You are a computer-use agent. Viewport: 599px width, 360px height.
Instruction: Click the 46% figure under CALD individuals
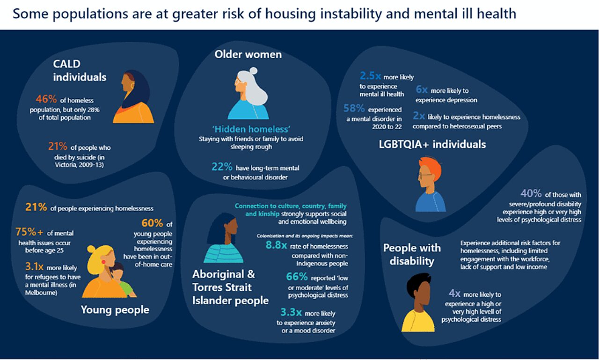click(46, 99)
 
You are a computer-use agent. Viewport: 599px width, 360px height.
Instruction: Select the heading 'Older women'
click(248, 55)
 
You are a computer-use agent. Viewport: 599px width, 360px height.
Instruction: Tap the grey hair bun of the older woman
click(253, 71)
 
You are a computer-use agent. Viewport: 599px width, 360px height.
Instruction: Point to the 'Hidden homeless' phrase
click(248, 129)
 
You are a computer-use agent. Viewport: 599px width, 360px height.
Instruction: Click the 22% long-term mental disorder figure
click(222, 167)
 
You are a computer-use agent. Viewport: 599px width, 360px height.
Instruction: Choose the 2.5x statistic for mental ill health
click(370, 76)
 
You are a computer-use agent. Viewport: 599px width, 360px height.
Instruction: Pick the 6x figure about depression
click(422, 90)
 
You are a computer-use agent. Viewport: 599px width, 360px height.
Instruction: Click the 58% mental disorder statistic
click(354, 109)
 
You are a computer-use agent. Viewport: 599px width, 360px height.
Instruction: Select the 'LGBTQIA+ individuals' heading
click(432, 144)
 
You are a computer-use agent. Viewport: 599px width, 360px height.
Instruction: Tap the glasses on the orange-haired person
click(424, 176)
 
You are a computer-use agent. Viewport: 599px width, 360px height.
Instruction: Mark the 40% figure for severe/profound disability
click(531, 194)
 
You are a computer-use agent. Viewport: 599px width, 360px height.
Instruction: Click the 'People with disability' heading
click(412, 254)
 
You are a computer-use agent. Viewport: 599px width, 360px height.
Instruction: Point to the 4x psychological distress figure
click(454, 294)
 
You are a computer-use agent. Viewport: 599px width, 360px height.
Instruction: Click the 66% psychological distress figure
click(297, 277)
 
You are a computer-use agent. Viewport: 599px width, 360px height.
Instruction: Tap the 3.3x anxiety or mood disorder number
click(291, 313)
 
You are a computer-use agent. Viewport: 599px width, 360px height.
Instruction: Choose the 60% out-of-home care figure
click(152, 223)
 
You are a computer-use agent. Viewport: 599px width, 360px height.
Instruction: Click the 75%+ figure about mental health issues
click(29, 233)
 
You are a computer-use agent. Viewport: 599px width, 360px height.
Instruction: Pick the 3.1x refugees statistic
click(34, 266)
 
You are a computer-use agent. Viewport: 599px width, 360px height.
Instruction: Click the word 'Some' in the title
click(29, 14)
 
